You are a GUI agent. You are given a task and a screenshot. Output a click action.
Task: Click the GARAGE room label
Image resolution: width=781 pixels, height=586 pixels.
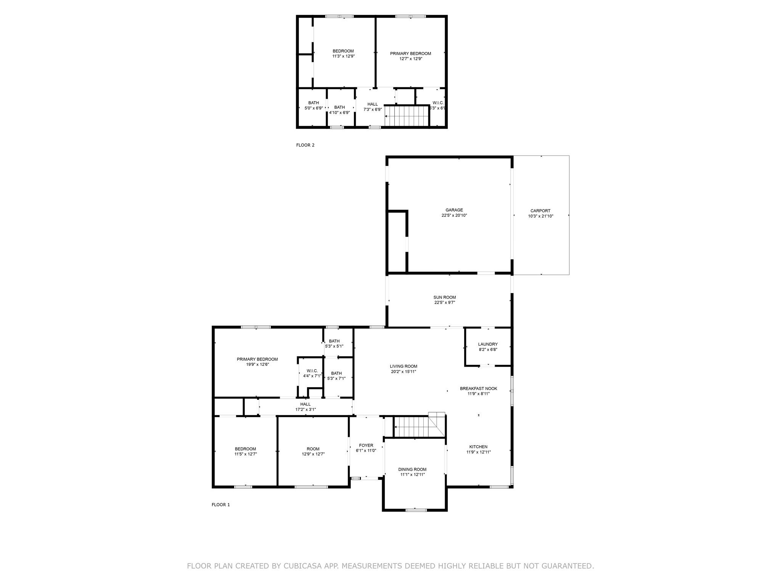point(454,210)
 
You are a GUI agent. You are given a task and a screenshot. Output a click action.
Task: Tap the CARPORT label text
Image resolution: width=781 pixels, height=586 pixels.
point(540,211)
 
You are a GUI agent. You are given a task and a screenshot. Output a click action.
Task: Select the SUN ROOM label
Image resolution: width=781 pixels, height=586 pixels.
point(444,297)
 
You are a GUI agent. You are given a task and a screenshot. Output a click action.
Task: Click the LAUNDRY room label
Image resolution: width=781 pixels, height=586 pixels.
point(488,344)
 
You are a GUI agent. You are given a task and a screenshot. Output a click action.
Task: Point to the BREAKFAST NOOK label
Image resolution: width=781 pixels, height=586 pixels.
point(478,388)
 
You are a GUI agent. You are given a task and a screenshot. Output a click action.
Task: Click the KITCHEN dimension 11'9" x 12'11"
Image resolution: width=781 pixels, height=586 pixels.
point(478,452)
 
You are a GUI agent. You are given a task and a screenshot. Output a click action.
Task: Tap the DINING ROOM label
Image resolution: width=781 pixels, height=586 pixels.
point(412,469)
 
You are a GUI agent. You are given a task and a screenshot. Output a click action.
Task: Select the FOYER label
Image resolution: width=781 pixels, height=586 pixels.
point(366,445)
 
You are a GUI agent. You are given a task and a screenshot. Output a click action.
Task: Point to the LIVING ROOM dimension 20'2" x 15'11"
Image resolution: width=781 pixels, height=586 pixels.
point(403,372)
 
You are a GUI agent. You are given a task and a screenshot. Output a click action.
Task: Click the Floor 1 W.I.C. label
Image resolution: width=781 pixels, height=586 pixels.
point(312,371)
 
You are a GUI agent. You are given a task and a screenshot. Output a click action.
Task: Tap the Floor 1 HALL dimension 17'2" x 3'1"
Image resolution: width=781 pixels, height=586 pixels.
point(305,409)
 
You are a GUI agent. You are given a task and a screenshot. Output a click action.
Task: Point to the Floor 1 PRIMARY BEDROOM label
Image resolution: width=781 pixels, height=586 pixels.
point(257,359)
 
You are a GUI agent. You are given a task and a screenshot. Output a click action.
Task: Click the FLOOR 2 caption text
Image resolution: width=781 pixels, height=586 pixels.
point(305,145)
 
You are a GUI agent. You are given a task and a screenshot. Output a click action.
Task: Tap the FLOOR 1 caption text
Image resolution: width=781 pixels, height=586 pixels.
point(220,505)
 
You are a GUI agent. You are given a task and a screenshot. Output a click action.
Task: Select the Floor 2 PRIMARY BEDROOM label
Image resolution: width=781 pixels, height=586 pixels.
point(410,53)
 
